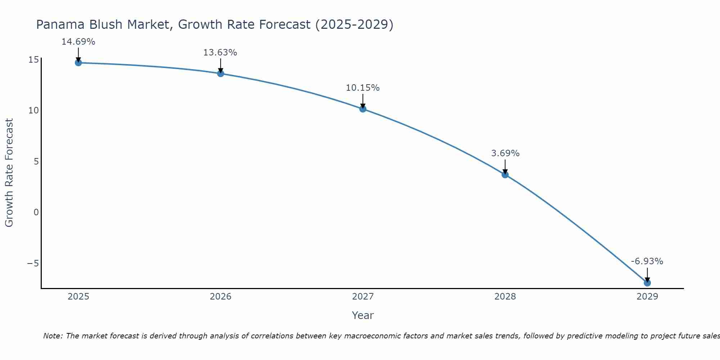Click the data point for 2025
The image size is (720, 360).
point(78,63)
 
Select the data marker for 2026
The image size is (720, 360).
point(221,73)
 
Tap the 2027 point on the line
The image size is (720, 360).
point(363,109)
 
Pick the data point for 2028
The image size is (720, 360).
point(505,175)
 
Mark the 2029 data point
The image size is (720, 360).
point(647,283)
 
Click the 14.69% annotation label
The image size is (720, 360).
point(78,42)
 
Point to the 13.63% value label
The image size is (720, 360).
point(220,53)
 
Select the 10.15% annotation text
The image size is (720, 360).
point(363,88)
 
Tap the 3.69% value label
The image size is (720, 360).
point(505,153)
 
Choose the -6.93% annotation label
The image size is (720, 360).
point(647,261)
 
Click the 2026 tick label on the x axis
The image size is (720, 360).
point(221,297)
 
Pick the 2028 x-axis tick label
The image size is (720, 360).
point(505,297)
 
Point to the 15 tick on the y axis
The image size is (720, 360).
point(33,59)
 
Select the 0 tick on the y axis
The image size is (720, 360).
point(36,212)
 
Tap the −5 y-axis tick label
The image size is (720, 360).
point(33,263)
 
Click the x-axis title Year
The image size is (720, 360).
point(363,315)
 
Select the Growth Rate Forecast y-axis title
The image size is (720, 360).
point(9,173)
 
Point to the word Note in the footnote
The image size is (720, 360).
point(53,336)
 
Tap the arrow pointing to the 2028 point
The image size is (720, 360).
point(505,167)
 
